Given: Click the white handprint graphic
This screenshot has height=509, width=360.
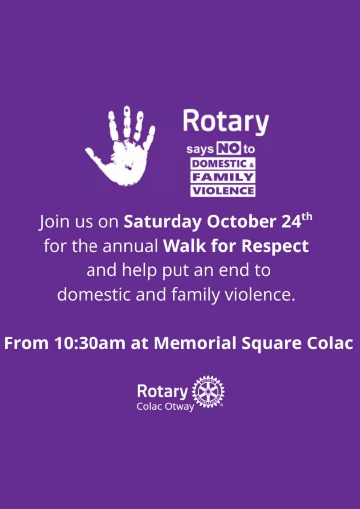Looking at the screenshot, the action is click(x=122, y=148).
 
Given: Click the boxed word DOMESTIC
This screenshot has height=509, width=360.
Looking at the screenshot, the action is click(x=220, y=164).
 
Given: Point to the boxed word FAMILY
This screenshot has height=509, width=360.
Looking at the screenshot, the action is click(x=223, y=177).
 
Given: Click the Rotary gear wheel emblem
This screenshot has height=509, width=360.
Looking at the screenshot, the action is click(x=208, y=392).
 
